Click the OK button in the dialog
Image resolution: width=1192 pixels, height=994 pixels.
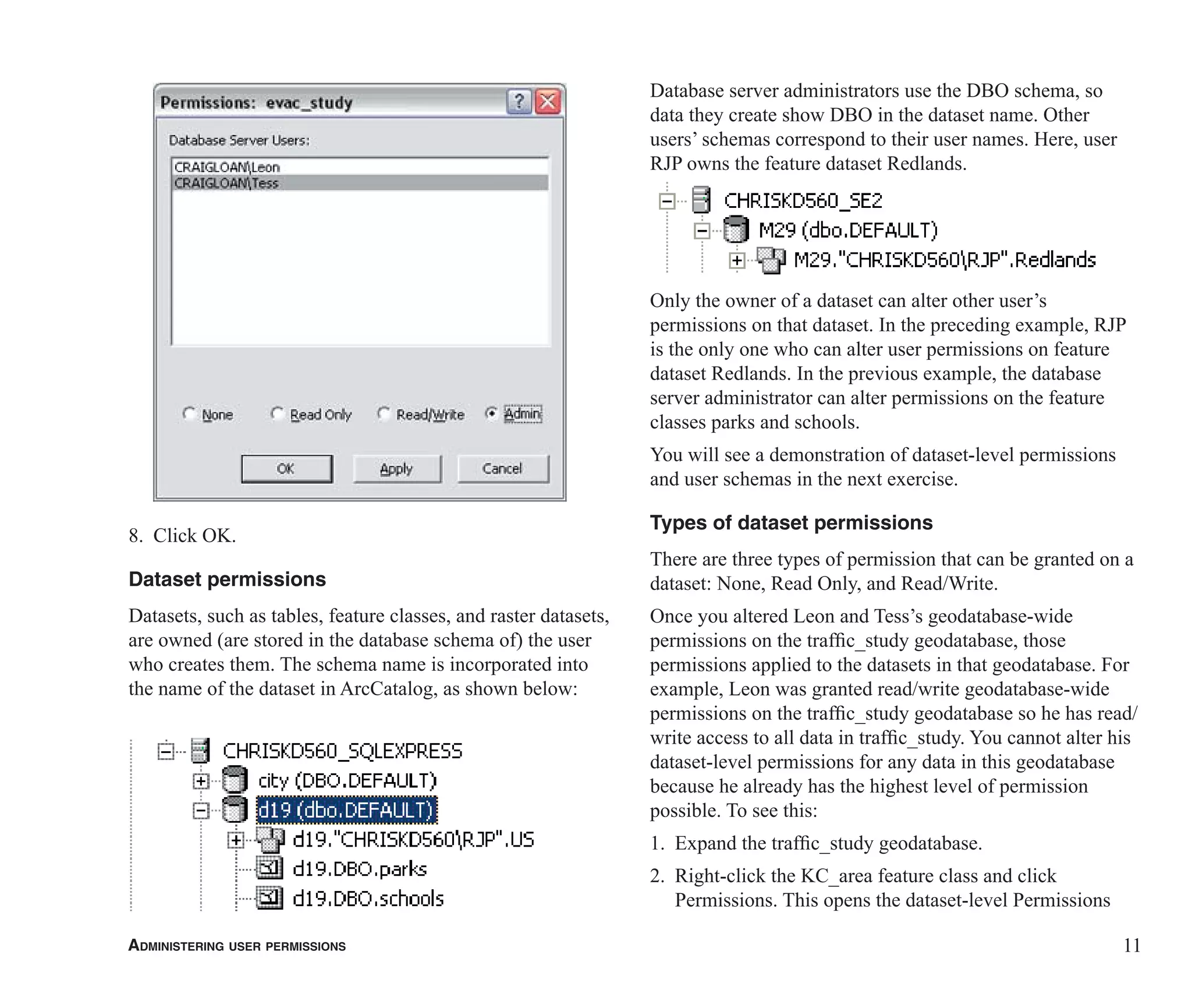pos(287,469)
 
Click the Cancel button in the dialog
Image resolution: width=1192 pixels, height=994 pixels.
pos(502,469)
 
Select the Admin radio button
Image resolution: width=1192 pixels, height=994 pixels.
pos(492,413)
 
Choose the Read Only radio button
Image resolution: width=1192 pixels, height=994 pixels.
pos(278,413)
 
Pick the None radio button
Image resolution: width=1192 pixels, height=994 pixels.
pos(189,413)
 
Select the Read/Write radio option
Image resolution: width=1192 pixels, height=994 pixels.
pos(384,413)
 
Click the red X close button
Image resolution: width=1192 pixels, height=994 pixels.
pos(548,102)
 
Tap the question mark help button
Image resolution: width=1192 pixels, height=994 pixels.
pos(519,102)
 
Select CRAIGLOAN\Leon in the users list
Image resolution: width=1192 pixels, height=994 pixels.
pos(227,167)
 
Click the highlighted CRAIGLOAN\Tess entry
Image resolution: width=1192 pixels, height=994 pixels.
pos(227,183)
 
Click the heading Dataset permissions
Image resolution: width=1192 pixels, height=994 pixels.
pos(227,579)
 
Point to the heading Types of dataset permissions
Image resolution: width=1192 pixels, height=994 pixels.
pos(791,523)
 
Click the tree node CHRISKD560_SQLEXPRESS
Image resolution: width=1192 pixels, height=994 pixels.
pos(342,751)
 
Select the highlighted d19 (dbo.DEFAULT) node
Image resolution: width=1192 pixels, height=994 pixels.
pos(346,810)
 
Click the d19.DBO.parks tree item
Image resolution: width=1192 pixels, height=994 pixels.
pos(359,869)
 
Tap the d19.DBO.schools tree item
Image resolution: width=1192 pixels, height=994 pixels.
pos(368,899)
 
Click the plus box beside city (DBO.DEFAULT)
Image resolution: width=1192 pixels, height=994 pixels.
pos(201,781)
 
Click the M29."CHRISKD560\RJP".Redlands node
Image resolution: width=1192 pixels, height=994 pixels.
pos(944,260)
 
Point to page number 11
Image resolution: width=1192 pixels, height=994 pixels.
pos(1131,945)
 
